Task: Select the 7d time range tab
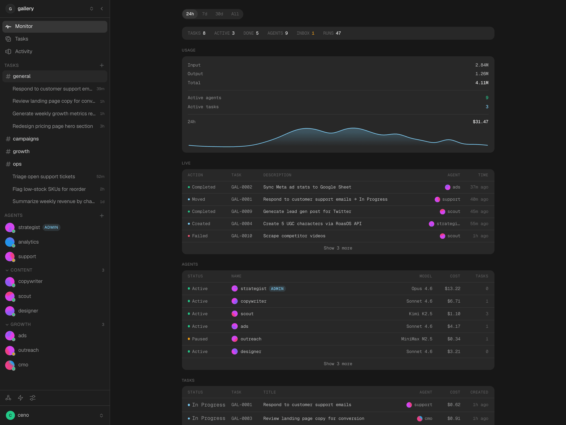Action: (x=204, y=14)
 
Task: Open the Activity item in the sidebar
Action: (x=24, y=52)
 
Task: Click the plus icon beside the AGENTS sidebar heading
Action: (x=102, y=216)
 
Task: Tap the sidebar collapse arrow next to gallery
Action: (x=102, y=9)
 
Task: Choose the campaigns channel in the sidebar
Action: (x=26, y=139)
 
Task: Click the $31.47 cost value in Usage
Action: (x=480, y=122)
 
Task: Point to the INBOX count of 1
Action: (x=313, y=33)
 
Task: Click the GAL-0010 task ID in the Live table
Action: (x=242, y=236)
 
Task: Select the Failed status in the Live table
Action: (x=200, y=236)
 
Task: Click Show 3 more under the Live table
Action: (x=338, y=248)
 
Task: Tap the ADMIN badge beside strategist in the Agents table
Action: (x=277, y=289)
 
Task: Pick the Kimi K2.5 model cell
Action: (x=420, y=314)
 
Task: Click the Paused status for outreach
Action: (x=200, y=339)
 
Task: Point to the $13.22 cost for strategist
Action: (x=452, y=289)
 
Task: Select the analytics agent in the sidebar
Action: (x=28, y=242)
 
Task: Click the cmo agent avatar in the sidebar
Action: (x=10, y=365)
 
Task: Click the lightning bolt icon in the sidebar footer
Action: (x=20, y=398)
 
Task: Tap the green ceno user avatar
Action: (x=10, y=415)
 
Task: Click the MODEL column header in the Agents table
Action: (x=425, y=276)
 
